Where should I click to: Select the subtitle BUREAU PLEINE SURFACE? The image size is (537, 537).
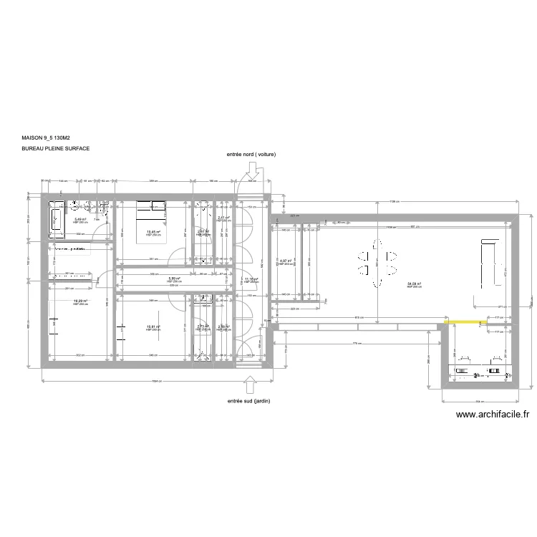pos(56,150)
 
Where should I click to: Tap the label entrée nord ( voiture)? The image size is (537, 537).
pos(251,154)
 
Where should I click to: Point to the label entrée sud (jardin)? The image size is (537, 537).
pos(248,402)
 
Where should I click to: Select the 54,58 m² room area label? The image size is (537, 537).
pos(414,284)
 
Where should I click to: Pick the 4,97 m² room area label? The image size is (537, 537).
pos(284,261)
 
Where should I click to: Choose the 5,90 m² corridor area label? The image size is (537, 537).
pos(173,279)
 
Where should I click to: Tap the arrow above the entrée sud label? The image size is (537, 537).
pos(250,384)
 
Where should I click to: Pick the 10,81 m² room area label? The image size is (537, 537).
pos(153,327)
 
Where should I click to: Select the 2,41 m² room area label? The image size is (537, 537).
pos(223,218)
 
